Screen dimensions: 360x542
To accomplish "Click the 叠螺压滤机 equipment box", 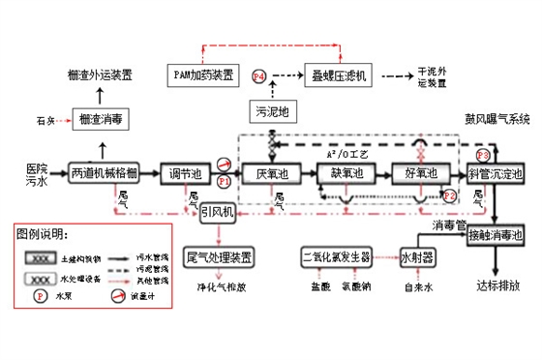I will [336, 75].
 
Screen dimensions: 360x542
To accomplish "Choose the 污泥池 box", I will [275, 111].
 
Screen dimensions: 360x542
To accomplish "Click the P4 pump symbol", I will [258, 75].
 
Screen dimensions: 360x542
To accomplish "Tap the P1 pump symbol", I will [224, 180].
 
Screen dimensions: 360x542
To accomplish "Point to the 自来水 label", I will [417, 287].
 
